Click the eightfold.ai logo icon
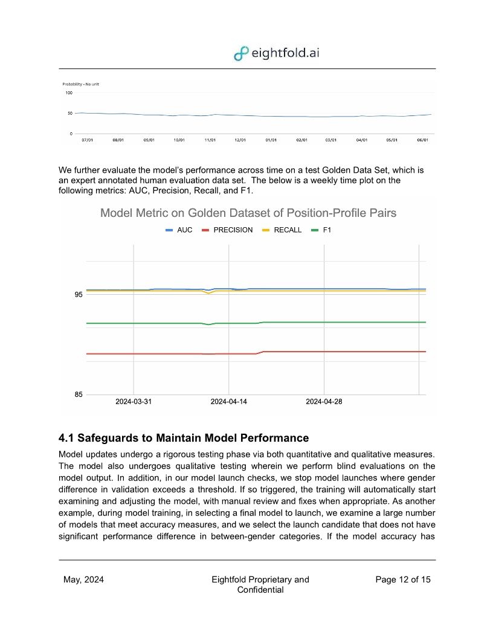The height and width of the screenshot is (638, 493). point(241,53)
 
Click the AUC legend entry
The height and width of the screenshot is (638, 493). point(179,230)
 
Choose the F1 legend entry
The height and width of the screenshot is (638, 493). point(321,230)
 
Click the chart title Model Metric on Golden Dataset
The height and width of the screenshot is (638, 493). point(248,213)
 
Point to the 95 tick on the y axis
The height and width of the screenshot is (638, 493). point(78,295)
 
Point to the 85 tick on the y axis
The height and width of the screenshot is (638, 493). point(78,395)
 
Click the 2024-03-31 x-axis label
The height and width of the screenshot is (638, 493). point(134,402)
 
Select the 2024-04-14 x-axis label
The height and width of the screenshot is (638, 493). point(228,402)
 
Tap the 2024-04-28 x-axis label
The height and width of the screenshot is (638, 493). point(324,402)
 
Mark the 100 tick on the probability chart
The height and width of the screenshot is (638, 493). point(68,93)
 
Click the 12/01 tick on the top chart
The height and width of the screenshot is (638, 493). point(240,140)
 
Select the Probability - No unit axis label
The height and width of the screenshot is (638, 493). point(80,84)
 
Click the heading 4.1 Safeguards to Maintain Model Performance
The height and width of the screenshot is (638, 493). point(184,437)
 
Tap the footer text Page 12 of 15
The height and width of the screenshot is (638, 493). point(403,580)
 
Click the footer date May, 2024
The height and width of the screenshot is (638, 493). point(83,580)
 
